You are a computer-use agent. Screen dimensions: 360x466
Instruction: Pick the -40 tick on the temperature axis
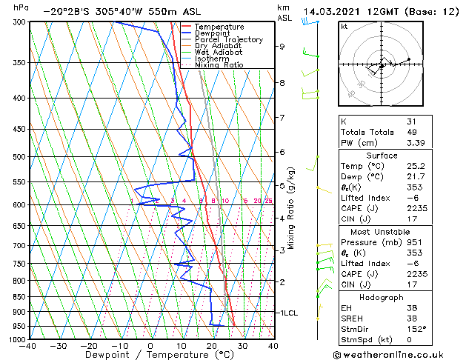click(28, 346)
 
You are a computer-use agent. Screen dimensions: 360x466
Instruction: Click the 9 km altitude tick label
click(282, 47)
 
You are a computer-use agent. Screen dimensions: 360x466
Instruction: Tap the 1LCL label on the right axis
click(288, 313)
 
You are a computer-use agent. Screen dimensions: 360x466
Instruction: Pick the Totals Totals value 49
click(411, 132)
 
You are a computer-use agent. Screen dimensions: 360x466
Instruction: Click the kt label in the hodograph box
click(344, 26)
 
